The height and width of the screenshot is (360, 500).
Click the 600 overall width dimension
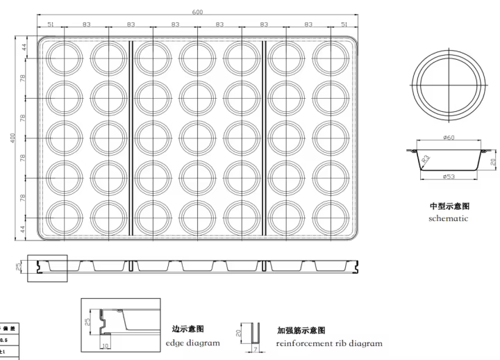(198, 11)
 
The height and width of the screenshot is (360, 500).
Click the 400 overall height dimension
(12, 139)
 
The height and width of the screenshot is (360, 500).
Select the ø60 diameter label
(449, 138)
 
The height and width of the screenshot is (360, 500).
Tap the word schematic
(449, 218)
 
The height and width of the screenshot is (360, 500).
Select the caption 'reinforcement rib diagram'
(329, 343)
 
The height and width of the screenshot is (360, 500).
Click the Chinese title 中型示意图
(449, 206)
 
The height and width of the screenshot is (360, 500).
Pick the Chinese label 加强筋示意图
(301, 331)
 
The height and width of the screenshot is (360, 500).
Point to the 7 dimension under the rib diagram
(255, 350)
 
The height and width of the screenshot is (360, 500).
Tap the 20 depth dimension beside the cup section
(492, 162)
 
